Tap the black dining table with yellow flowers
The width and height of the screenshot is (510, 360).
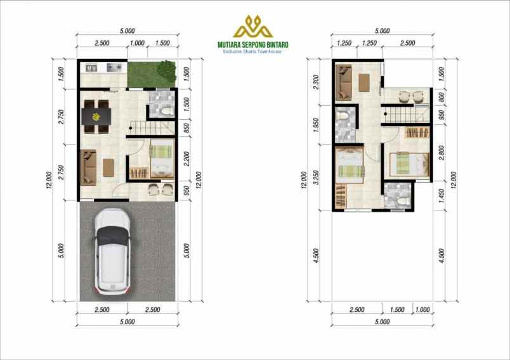pos(96,116)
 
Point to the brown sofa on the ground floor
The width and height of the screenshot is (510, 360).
pos(88,166)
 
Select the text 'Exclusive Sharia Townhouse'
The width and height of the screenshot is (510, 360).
pos(253,52)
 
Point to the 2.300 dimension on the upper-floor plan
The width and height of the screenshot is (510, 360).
pos(317,82)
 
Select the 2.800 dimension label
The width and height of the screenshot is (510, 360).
pos(442,152)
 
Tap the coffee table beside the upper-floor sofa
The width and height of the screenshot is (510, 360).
pos(364,84)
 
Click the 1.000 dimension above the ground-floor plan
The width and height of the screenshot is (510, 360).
pos(136,43)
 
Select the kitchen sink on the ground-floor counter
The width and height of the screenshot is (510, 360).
pos(89,66)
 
